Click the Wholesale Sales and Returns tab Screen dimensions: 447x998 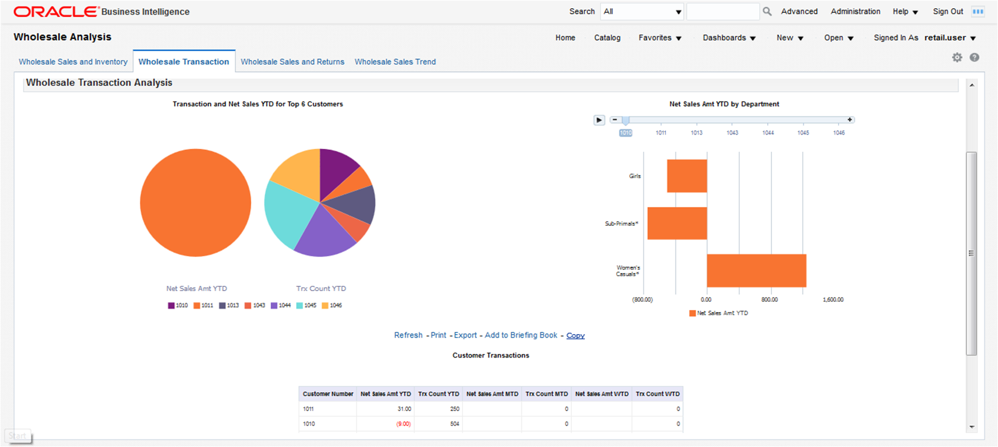(x=292, y=62)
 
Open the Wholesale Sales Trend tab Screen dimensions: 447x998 (x=395, y=62)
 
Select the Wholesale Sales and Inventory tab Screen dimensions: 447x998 (x=73, y=62)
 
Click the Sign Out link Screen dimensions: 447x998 (x=948, y=11)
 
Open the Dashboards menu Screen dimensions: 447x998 (x=729, y=38)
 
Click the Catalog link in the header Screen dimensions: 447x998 (x=607, y=38)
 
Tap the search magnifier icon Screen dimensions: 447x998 (x=767, y=11)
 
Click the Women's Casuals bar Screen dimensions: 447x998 (x=756, y=271)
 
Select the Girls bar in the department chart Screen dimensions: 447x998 (x=687, y=176)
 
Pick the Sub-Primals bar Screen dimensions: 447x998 (x=677, y=223)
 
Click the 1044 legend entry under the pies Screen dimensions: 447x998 (x=281, y=305)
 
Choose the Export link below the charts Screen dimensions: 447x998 (x=465, y=335)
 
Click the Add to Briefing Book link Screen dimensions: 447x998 (x=521, y=335)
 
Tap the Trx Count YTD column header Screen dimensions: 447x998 (x=438, y=394)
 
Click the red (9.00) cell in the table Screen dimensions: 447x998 (x=403, y=423)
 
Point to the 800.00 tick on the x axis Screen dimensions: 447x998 (x=769, y=299)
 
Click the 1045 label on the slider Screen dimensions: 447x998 (x=803, y=133)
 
